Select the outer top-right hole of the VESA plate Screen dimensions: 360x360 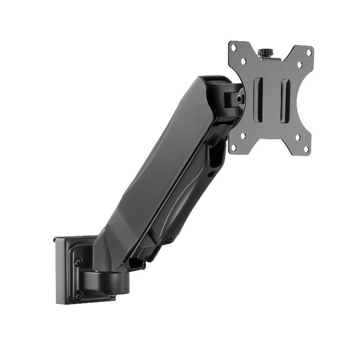(309, 53)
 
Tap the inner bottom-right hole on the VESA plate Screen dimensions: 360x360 (297, 138)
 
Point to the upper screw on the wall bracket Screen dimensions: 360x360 (78, 261)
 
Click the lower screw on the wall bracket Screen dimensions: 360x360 (78, 295)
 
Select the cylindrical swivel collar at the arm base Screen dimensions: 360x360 (112, 280)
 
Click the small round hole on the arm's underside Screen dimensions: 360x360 (211, 174)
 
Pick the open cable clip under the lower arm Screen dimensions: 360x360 (136, 263)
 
